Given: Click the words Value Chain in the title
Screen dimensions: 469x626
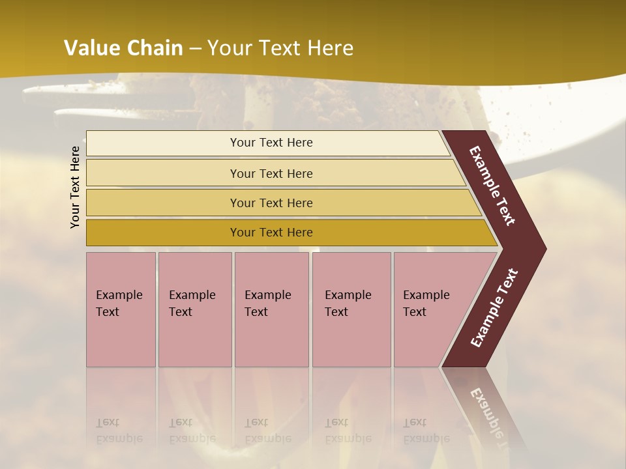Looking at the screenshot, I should pos(123,48).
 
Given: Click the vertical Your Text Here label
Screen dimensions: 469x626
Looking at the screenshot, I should pos(76,187).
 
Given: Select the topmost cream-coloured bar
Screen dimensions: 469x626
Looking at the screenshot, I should pos(163,143).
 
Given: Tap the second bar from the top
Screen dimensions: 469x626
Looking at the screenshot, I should pos(163,173).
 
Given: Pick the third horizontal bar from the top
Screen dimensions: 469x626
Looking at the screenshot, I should pos(163,203).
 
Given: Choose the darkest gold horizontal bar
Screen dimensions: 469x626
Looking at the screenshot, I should pos(163,233).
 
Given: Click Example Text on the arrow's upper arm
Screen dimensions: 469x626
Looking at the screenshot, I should pos(493,186).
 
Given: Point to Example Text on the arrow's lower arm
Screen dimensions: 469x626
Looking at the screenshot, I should pos(494,307).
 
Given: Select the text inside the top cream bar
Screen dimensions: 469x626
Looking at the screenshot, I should pos(271,143).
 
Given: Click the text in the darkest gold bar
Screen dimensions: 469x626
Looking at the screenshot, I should pos(271,233).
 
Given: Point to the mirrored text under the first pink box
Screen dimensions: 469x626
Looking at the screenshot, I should pos(119,431).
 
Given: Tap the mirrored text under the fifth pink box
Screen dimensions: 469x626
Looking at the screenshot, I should pos(426,431).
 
